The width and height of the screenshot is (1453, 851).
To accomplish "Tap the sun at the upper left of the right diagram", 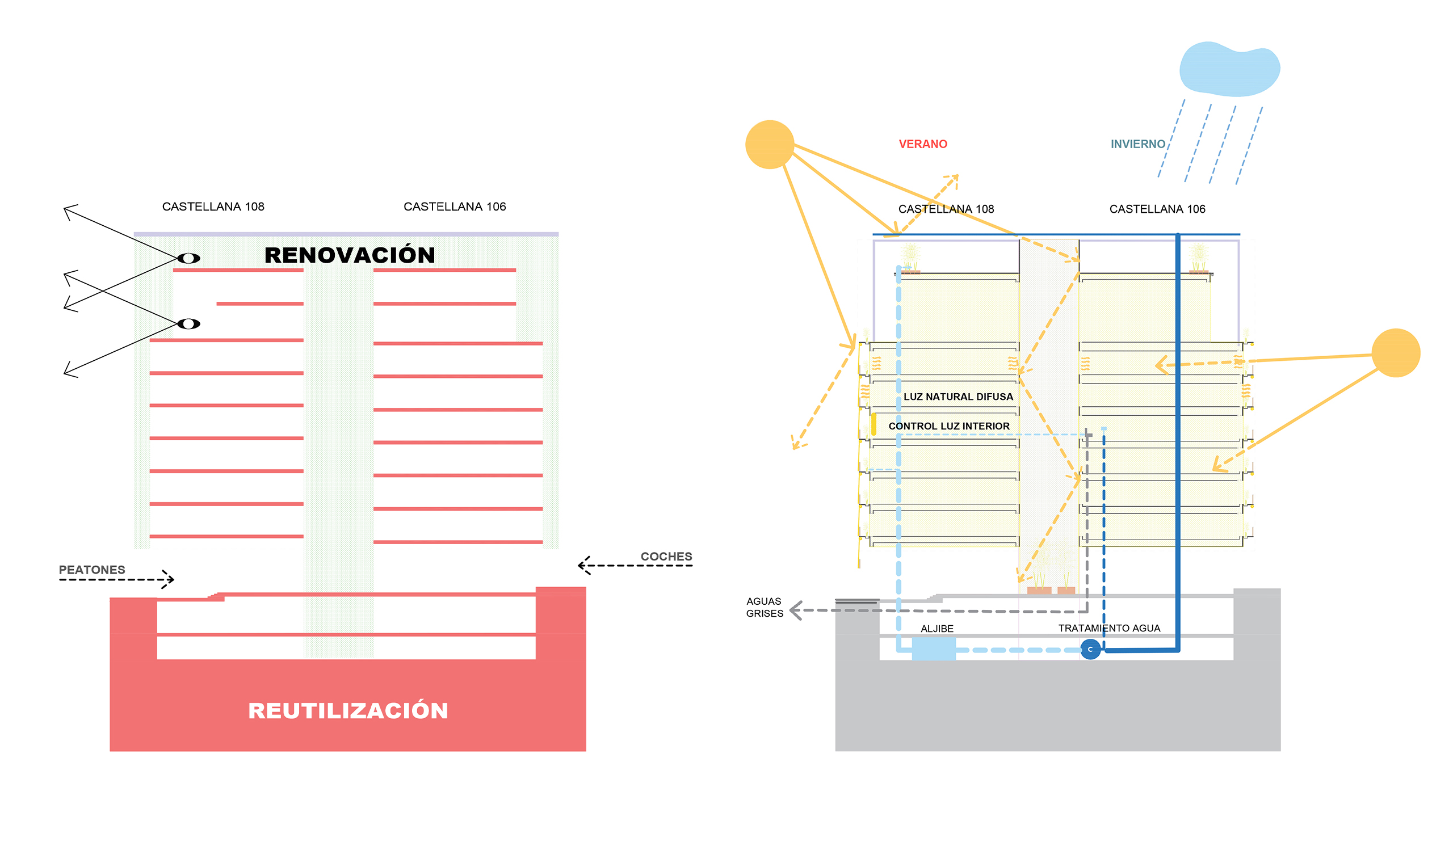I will (x=769, y=145).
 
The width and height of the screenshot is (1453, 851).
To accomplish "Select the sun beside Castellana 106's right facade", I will (x=1395, y=353).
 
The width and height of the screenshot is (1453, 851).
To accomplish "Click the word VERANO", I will (x=922, y=144).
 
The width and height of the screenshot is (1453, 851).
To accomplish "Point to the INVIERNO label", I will (x=1137, y=144).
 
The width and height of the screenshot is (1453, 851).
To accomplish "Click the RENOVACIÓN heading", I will (x=350, y=255).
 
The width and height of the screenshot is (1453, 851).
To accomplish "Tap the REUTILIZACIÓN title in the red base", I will (x=348, y=710).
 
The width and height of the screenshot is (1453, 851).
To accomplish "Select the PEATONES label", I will (x=92, y=570).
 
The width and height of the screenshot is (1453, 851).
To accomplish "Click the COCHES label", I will (x=666, y=557).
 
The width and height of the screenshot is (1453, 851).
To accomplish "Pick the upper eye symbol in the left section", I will (x=188, y=258).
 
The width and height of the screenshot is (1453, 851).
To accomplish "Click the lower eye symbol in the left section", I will (x=188, y=324).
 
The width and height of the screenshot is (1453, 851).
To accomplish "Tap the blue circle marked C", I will (x=1090, y=650).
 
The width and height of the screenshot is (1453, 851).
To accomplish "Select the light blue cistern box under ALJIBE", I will (x=934, y=649).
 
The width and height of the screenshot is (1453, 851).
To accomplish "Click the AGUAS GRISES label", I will (x=765, y=607).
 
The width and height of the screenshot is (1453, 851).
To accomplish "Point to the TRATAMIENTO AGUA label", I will (x=1109, y=628).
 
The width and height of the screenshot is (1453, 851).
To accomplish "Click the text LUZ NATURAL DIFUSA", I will (x=958, y=397).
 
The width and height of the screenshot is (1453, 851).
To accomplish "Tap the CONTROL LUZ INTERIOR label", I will (x=948, y=426).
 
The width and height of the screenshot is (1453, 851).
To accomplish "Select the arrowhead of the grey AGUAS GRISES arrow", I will (x=795, y=610).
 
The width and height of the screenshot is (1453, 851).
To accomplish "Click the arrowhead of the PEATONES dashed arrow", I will (x=169, y=579).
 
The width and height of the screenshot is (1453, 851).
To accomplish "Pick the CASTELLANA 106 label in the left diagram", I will (x=455, y=207).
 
